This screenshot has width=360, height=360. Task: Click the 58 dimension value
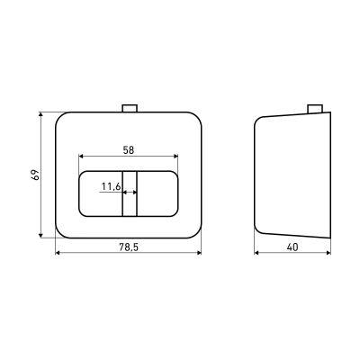pos(129,150)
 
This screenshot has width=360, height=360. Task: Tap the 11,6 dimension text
pos(111,187)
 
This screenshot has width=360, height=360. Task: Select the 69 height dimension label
pos(36,175)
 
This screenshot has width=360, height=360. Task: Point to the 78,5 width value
pos(129,247)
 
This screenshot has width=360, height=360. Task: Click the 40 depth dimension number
pos(292,247)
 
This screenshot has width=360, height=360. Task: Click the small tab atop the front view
pos(130,108)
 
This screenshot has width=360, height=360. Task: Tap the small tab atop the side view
pos(315,109)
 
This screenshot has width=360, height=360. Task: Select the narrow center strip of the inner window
pos(130,193)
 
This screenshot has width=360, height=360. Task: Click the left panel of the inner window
pos(101,193)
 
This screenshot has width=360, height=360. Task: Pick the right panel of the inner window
pos(157,193)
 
